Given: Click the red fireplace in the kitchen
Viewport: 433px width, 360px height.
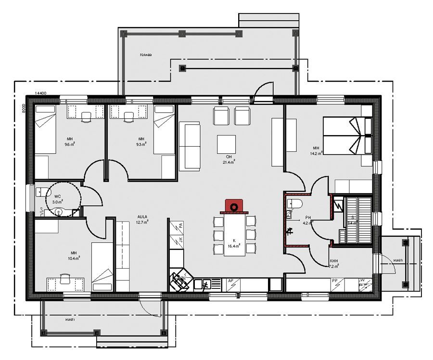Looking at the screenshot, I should (234, 206).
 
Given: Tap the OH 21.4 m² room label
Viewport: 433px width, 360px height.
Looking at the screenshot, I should (229, 160).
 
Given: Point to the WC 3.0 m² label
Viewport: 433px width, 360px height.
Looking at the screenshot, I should (57, 199).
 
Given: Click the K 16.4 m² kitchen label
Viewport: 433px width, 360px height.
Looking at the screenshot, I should (234, 243).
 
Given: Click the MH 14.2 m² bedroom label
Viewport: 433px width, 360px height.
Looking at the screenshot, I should (316, 150).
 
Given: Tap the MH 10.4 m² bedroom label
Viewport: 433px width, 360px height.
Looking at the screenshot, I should (74, 255).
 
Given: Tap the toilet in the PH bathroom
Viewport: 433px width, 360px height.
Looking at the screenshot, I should (294, 204).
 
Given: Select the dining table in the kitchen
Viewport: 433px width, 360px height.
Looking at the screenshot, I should (235, 235).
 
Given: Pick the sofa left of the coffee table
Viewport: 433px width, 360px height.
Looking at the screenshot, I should (190, 146).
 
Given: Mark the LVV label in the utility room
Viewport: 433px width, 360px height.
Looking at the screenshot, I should (362, 280).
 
